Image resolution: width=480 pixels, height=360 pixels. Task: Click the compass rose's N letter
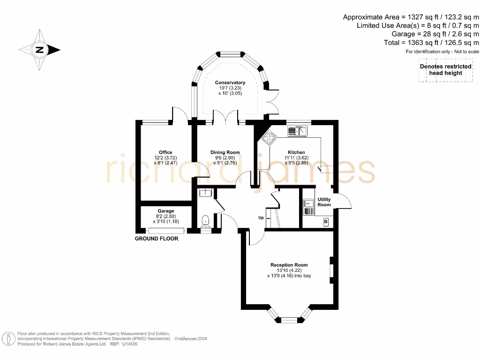39,50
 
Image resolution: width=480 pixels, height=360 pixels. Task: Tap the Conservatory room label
230,82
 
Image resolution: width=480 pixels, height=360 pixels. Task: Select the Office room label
165,152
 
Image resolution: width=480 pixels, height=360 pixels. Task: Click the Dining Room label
225,152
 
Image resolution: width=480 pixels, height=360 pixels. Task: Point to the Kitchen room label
296,152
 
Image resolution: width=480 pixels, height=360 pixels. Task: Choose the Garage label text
166,210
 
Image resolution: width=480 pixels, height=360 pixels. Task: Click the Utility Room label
324,202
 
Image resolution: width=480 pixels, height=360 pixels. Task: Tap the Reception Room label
289,265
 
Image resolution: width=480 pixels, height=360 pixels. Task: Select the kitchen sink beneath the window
297,131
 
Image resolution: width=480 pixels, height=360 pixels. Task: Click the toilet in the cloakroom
205,221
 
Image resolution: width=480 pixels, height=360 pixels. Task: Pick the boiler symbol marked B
326,222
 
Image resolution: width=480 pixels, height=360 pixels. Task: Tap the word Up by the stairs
261,217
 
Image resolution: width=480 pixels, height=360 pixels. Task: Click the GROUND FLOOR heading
157,239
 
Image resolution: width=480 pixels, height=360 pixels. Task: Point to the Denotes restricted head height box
445,70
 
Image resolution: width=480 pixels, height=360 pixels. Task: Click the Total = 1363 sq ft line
431,43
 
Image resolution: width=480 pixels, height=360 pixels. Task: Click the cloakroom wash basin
205,193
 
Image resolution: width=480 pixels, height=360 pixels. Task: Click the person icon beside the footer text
8,339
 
